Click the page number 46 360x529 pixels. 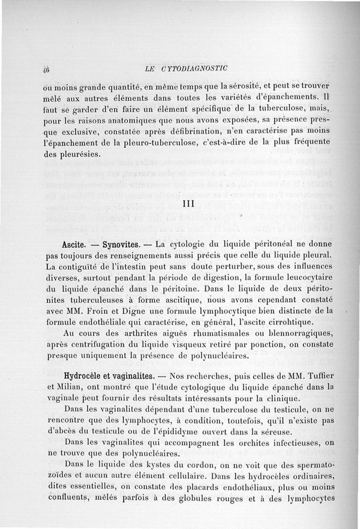tap(45, 70)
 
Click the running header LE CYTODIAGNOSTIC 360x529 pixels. tap(187, 68)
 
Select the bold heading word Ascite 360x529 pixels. tap(74, 246)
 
